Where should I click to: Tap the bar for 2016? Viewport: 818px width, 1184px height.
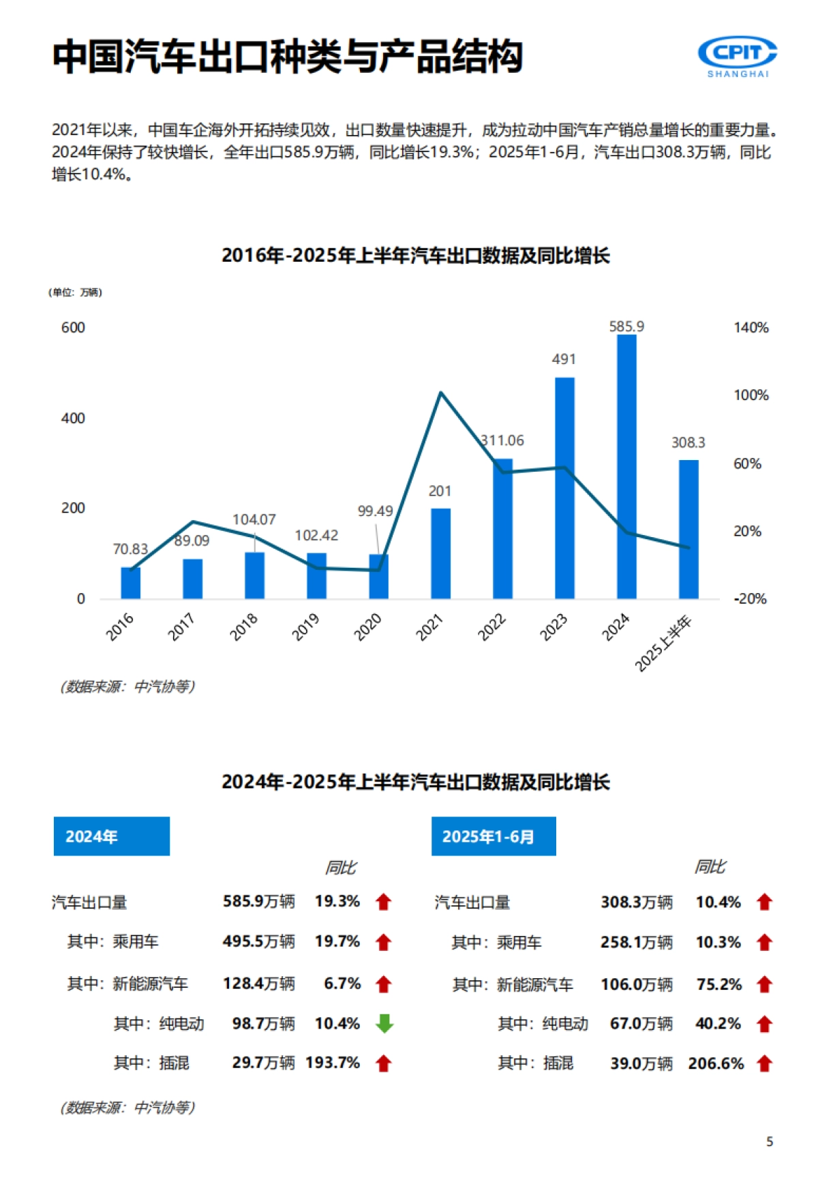(x=131, y=583)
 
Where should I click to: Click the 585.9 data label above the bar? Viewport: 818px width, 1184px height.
(x=626, y=327)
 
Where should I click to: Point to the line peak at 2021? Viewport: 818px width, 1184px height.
(x=441, y=393)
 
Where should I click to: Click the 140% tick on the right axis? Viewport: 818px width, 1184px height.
(x=751, y=328)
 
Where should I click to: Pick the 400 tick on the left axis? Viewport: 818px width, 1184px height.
(x=73, y=418)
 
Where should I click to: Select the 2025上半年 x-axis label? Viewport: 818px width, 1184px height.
(x=663, y=643)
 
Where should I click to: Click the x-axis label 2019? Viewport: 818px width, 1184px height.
(x=306, y=626)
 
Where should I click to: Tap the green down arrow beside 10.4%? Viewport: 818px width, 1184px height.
(x=384, y=1023)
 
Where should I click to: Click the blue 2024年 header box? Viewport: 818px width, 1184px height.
(x=112, y=836)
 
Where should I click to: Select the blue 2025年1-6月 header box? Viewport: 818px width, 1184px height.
(x=494, y=836)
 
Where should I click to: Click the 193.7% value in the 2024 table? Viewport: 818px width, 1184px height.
(x=333, y=1063)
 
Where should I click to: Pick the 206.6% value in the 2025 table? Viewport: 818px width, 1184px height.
(x=716, y=1063)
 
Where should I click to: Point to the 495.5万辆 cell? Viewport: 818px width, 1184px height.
(x=258, y=941)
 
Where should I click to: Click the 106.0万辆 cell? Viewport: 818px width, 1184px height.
(x=636, y=984)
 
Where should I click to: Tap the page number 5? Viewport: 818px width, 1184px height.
(x=770, y=1142)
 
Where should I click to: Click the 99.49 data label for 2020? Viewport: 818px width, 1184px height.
(x=375, y=511)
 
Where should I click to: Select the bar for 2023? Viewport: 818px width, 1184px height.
(x=564, y=488)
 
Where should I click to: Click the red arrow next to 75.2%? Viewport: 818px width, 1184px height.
(x=764, y=984)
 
